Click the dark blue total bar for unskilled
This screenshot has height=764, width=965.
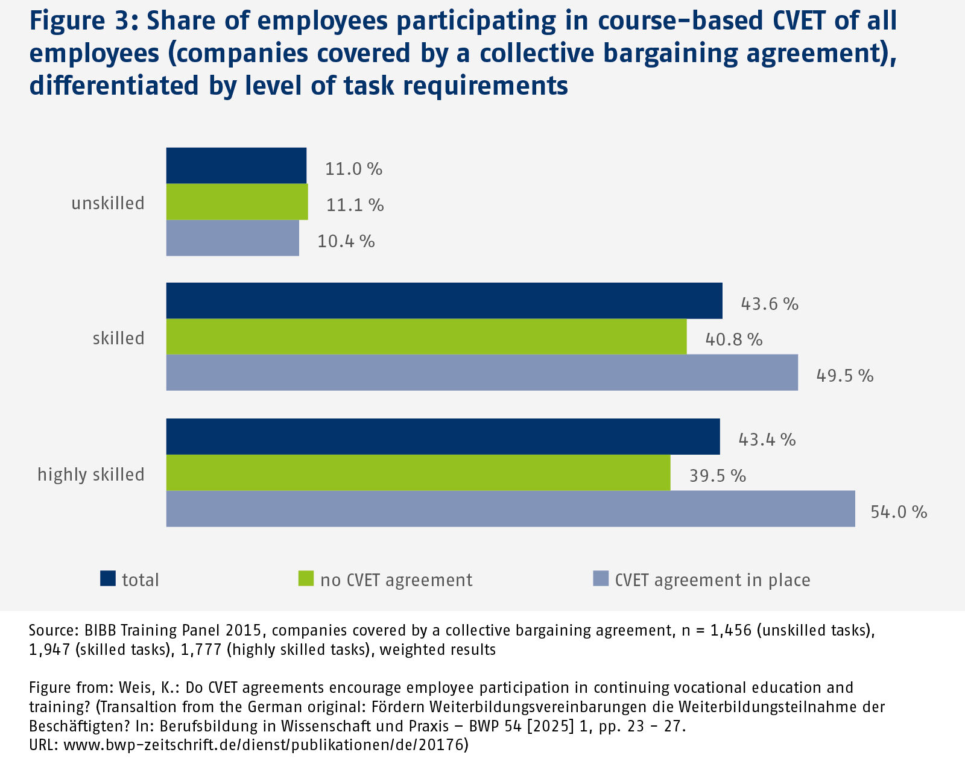pos(236,166)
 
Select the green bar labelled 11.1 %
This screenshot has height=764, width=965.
pos(237,202)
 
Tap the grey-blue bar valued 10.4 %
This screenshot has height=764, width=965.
pos(233,238)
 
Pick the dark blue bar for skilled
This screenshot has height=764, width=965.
pos(445,300)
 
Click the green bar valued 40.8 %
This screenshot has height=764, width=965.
pos(426,336)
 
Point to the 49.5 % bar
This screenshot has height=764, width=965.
pos(482,373)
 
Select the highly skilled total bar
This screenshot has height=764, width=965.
pos(443,437)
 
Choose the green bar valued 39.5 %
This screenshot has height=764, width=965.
pos(419,473)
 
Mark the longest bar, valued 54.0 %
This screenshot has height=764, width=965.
pos(511,509)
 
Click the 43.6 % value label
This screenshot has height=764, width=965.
pos(770,304)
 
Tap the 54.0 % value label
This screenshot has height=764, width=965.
pos(899,512)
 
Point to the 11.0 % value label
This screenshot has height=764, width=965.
pos(354,169)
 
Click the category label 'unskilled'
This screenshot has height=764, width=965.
pos(108,203)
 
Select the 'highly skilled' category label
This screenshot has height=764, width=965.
pos(91,475)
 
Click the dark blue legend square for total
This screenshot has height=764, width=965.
pos(108,579)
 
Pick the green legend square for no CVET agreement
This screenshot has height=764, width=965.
pos(306,579)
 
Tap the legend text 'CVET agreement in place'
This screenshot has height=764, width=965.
pos(712,580)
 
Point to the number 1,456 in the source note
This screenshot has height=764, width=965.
pos(731,631)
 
